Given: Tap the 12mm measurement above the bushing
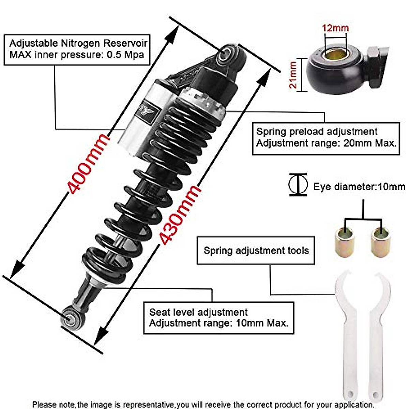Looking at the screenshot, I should click(336, 28).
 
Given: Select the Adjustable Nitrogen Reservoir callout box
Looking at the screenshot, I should click(77, 49).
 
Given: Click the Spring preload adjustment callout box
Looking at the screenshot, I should click(326, 138).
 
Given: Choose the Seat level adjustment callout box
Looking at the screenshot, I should click(218, 318).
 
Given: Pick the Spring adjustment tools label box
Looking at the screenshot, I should click(256, 251).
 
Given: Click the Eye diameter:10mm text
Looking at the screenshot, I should click(359, 187).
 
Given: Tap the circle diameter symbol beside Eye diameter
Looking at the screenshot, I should click(298, 185).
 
